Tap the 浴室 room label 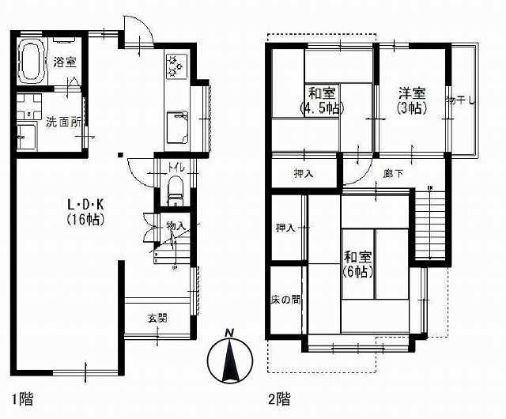[x=65, y=62]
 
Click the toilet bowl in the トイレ [x=175, y=190]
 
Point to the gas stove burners [x=175, y=66]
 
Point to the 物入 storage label [x=175, y=227]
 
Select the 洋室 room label [x=413, y=92]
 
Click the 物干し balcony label [x=460, y=100]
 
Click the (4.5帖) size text [x=320, y=107]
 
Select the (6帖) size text [x=357, y=270]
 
